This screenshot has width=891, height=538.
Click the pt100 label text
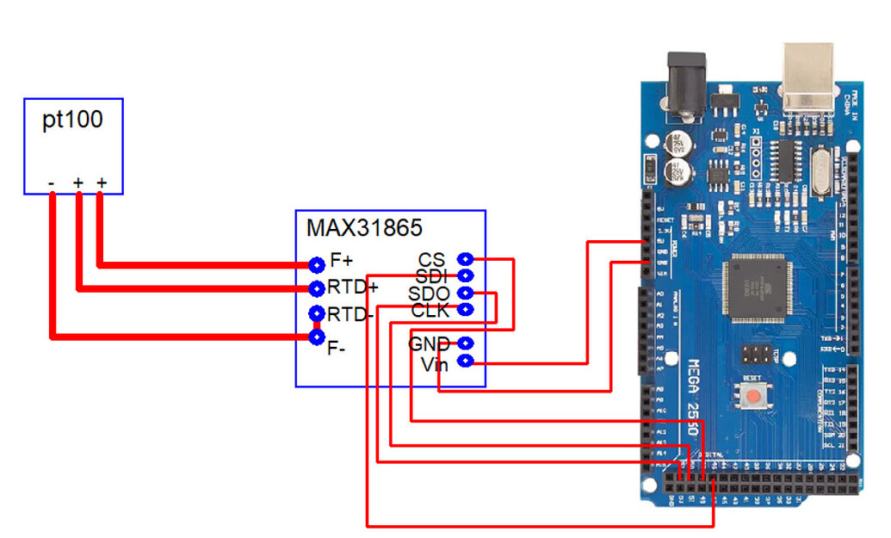point(73,120)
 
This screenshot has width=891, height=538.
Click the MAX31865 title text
point(364,228)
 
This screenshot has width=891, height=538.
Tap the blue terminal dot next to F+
point(316,263)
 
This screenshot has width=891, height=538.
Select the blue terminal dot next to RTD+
point(316,288)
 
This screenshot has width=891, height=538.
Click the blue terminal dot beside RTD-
point(316,313)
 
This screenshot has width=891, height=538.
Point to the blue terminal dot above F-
point(316,337)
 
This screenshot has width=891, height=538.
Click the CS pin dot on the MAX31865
point(466,258)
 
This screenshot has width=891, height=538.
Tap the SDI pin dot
point(466,275)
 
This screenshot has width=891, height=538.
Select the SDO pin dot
point(466,294)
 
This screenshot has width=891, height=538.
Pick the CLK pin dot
point(466,309)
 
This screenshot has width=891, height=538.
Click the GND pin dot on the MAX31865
point(466,343)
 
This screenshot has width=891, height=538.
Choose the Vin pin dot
point(466,362)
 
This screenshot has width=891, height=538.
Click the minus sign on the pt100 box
point(52,183)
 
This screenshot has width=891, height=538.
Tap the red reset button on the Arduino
point(755,398)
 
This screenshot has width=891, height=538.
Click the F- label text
point(337,349)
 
